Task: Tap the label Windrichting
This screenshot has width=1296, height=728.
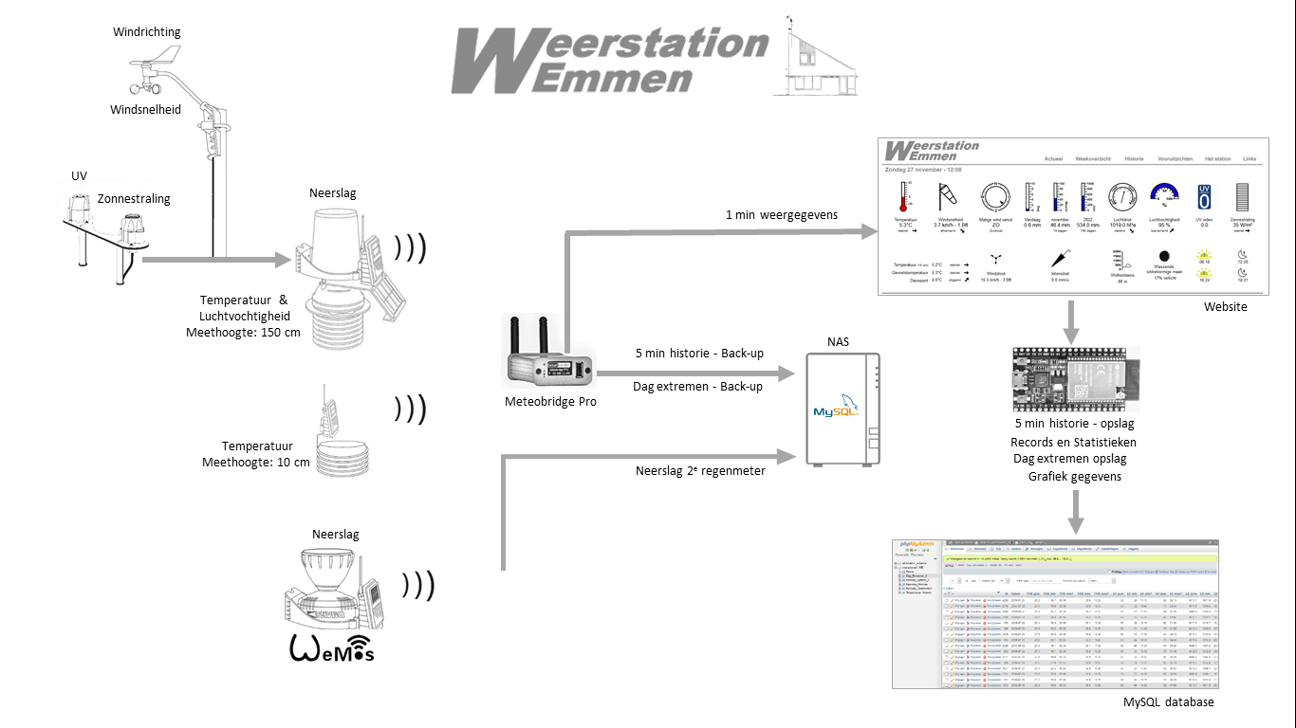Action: (x=146, y=32)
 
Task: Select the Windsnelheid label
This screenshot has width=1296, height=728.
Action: (x=145, y=110)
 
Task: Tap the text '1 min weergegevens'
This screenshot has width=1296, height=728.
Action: (x=782, y=215)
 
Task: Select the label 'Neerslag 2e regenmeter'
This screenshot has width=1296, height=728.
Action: (x=701, y=470)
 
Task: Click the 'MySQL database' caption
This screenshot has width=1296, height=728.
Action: (x=1168, y=702)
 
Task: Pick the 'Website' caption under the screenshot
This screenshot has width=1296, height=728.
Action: (x=1226, y=306)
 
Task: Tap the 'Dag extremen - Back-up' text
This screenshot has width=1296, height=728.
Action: (x=697, y=387)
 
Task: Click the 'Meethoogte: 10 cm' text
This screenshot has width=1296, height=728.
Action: (x=256, y=463)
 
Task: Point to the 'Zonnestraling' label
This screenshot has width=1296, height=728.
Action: (x=134, y=199)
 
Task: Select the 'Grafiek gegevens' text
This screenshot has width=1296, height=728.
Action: (x=1074, y=476)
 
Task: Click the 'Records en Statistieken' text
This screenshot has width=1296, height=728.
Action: (x=1073, y=442)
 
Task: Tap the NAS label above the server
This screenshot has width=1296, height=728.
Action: (x=839, y=341)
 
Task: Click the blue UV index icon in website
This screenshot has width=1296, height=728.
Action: (x=1203, y=197)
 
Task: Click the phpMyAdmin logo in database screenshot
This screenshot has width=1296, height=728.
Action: (x=916, y=545)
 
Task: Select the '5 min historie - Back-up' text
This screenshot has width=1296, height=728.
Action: (x=699, y=354)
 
